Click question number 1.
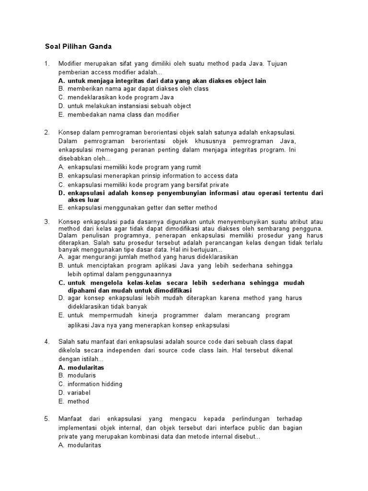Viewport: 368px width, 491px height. click(x=46, y=64)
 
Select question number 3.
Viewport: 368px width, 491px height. click(x=46, y=222)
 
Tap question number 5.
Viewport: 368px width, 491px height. click(x=46, y=419)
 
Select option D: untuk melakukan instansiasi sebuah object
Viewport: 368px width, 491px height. click(x=124, y=106)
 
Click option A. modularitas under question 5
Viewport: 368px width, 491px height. click(x=80, y=444)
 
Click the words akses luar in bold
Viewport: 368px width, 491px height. click(x=83, y=199)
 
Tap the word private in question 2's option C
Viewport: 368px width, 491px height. click(x=219, y=185)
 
